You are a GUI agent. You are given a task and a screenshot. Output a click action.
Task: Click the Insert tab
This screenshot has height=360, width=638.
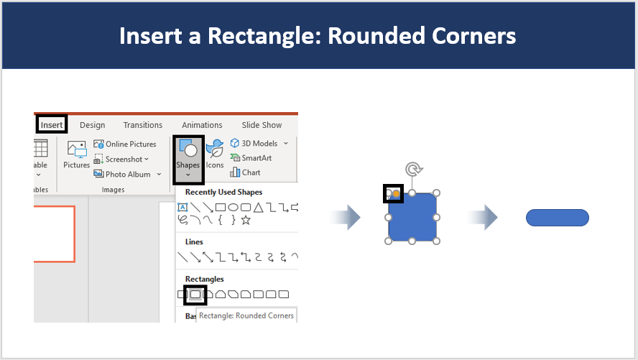tap(52, 125)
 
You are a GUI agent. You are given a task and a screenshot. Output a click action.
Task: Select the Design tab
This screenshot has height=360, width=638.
tap(93, 125)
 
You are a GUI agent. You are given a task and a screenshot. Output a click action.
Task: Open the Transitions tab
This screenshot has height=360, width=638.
tap(143, 125)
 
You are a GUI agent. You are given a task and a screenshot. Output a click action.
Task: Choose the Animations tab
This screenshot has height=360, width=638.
tap(202, 125)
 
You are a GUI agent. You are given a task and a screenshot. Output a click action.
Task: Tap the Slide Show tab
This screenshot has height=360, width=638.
tap(262, 125)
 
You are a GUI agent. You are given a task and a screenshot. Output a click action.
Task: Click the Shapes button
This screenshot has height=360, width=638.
tap(188, 159)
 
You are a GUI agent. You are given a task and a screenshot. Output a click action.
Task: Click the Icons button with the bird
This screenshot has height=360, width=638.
tap(215, 154)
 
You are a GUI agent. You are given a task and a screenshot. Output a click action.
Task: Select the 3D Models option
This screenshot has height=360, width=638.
tap(259, 143)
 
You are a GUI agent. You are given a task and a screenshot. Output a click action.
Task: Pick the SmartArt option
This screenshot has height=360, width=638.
tap(251, 158)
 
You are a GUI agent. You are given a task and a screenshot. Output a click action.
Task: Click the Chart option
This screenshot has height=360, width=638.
tap(245, 172)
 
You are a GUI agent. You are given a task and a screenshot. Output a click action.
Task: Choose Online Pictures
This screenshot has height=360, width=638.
tap(125, 144)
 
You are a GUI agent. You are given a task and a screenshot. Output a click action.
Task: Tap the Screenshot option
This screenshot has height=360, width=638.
tap(121, 159)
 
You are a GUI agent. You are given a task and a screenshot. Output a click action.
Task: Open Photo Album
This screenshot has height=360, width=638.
tap(127, 174)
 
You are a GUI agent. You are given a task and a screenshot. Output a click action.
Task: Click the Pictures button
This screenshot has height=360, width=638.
tap(76, 154)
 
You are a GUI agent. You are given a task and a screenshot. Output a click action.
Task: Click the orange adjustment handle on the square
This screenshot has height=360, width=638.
tap(396, 194)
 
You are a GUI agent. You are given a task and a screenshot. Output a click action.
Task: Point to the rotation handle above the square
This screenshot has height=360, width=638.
tap(414, 168)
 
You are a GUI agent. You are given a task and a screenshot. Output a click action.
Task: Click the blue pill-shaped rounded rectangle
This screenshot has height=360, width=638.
tap(558, 218)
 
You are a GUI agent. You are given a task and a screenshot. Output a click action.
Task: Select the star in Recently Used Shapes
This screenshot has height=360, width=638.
tap(246, 221)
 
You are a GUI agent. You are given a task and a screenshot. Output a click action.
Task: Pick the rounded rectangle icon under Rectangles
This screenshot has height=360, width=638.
tap(195, 294)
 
